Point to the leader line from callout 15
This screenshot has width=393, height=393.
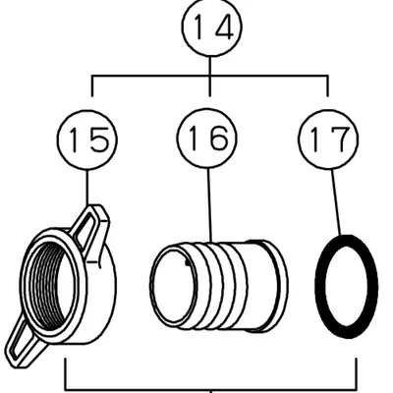pos(87,188)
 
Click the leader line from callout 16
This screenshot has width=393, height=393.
pos(209,205)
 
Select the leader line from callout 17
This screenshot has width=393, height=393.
pos(336,202)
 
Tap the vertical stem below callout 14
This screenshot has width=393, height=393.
pos(210,77)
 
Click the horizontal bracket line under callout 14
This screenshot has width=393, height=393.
pos(210,76)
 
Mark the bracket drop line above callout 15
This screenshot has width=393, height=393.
pos(92,86)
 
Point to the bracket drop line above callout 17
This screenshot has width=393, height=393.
pos(327,86)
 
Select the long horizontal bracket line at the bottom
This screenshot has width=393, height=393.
pos(211,390)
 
